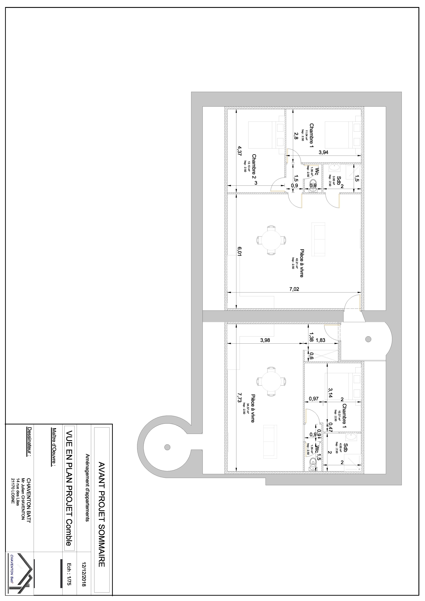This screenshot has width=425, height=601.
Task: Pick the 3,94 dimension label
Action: pyautogui.click(x=323, y=152)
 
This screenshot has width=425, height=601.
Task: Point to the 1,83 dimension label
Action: pyautogui.click(x=321, y=340)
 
